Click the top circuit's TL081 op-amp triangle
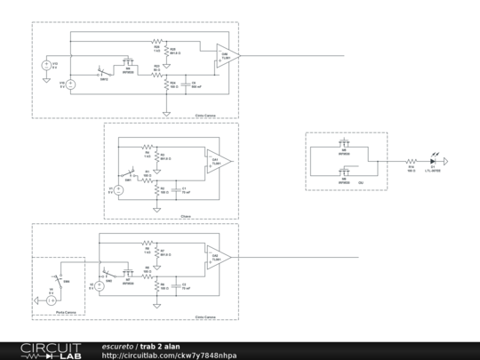point(228,57)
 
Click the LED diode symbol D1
point(433,161)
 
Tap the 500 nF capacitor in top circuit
point(184,85)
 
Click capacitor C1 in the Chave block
point(173,190)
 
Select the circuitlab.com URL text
point(169,356)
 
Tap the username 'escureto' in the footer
point(117,346)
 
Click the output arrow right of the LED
point(450,161)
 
